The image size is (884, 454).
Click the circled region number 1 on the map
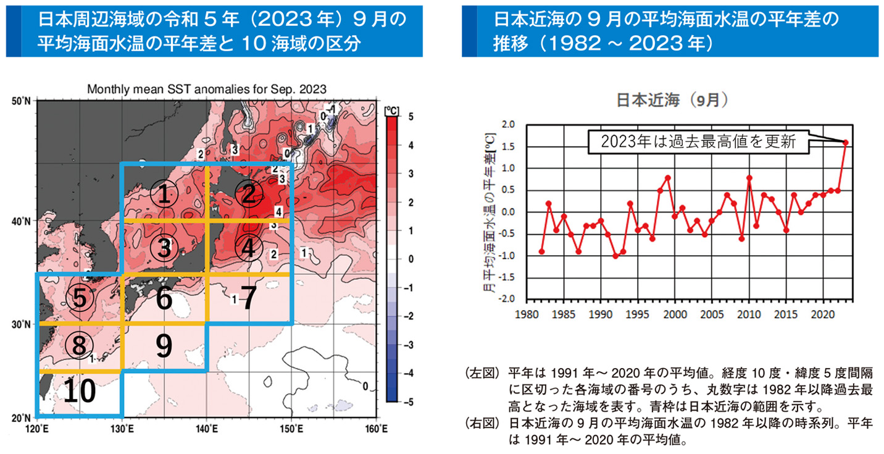164,195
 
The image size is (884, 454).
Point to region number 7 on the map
248,299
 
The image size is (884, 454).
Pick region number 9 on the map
164,347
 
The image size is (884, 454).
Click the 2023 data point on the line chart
845,143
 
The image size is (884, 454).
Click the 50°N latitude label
22,101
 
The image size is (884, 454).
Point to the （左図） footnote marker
482,374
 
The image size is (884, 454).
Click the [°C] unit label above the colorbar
391,110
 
